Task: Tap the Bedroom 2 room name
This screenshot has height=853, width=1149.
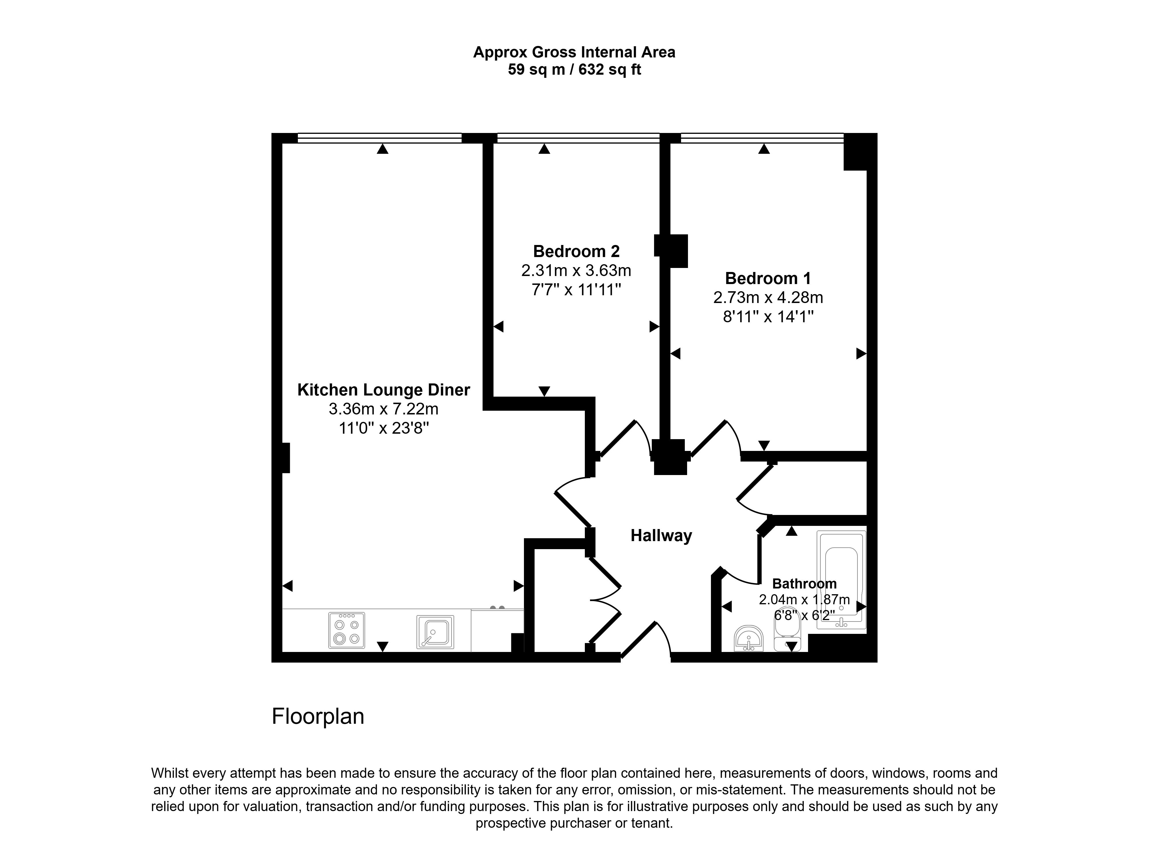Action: pyautogui.click(x=576, y=252)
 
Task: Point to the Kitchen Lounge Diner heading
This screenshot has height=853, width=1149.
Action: pyautogui.click(x=384, y=390)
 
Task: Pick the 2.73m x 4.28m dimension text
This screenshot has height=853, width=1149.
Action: pyautogui.click(x=768, y=298)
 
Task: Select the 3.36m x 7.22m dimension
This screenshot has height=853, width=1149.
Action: pyautogui.click(x=384, y=409)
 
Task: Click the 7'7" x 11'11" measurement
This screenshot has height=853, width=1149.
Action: pyautogui.click(x=576, y=290)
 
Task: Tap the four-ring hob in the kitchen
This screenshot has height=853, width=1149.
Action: pyautogui.click(x=346, y=630)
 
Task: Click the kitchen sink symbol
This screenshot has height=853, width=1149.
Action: pyautogui.click(x=435, y=632)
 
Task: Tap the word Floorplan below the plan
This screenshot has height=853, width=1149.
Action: pyautogui.click(x=318, y=716)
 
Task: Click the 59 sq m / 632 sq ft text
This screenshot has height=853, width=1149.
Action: pyautogui.click(x=574, y=69)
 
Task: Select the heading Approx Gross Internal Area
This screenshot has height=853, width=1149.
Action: pyautogui.click(x=574, y=52)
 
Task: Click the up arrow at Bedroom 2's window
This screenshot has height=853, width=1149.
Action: pyautogui.click(x=544, y=149)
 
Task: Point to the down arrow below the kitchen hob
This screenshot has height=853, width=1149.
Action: pyautogui.click(x=382, y=646)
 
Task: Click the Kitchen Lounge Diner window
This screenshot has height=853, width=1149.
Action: pyautogui.click(x=379, y=138)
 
